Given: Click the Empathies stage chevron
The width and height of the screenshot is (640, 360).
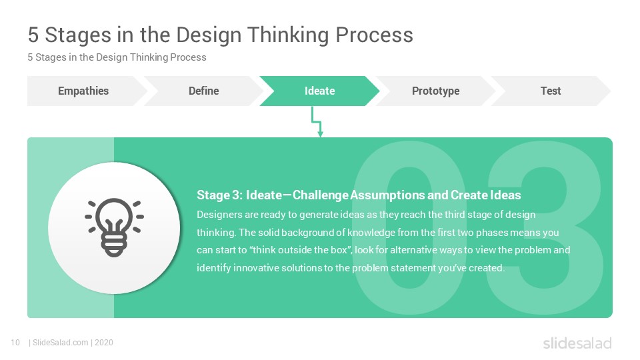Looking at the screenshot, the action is (x=85, y=91).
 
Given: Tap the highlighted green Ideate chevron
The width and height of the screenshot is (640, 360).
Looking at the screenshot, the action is (x=319, y=91).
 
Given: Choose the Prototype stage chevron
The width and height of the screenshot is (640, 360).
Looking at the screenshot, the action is (x=435, y=91).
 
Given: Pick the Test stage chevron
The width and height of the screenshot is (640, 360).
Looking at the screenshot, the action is (x=551, y=91).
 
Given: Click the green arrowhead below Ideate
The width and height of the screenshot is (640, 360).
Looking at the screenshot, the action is (x=321, y=134).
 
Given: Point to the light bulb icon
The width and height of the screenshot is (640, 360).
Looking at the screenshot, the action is (x=114, y=227).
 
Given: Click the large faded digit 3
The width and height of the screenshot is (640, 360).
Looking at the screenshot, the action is (x=545, y=228).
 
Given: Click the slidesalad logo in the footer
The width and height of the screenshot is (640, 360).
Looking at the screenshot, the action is (x=577, y=343).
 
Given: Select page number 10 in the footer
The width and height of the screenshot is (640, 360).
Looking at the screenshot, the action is (x=15, y=343).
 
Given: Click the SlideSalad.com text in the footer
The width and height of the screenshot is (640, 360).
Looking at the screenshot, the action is (x=61, y=343).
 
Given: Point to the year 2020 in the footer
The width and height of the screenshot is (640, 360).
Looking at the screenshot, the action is (x=104, y=343).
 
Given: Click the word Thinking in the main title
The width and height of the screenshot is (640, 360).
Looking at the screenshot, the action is (x=288, y=35).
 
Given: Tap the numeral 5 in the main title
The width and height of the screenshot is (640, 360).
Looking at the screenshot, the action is (x=33, y=35).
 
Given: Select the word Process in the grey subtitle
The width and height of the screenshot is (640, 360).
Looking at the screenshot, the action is (x=188, y=57).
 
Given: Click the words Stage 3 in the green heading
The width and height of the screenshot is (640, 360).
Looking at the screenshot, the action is (x=219, y=195).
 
